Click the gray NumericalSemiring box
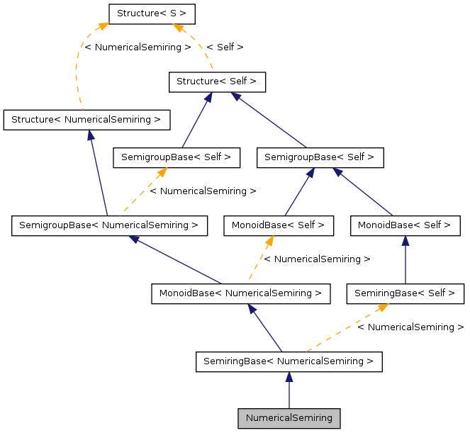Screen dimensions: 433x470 pos(289,418)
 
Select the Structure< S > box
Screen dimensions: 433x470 pos(151,13)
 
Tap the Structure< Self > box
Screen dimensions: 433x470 pos(217,81)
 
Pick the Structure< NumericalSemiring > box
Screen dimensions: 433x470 pos(87,119)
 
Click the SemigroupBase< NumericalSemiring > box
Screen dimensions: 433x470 pos(109,226)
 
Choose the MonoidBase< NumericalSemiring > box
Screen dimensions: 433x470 pos(241,293)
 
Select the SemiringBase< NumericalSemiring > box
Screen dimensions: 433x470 pos(289,361)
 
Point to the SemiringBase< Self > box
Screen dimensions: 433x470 pos(405,293)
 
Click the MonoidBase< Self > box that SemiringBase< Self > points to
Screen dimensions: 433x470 pos(405,226)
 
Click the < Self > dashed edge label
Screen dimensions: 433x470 pos(225,47)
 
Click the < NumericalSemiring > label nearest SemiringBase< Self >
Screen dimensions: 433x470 pos(410,327)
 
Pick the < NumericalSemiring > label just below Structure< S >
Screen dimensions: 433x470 pos(138,47)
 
